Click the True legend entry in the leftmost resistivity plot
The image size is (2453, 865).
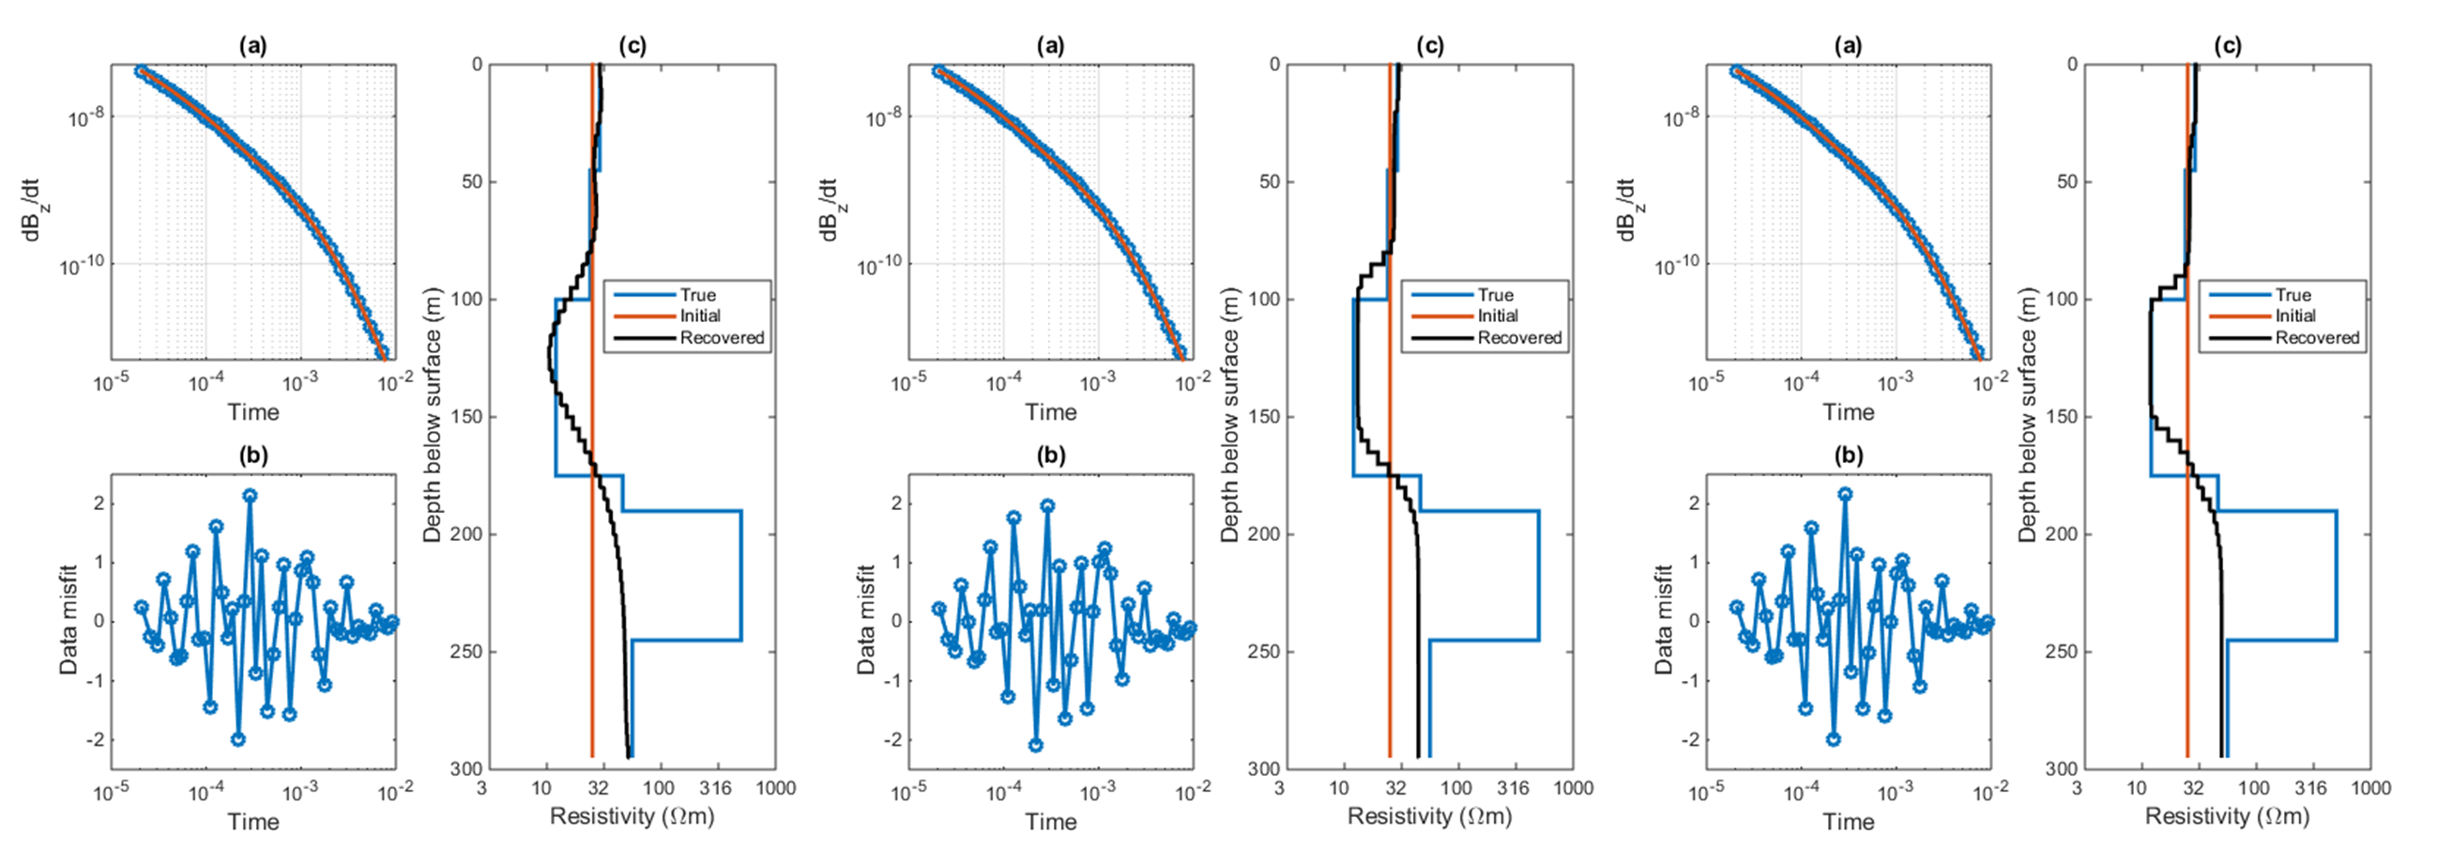coord(697,295)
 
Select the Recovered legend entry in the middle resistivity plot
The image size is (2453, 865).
coord(1520,337)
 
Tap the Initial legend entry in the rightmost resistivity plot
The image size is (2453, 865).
coord(2296,317)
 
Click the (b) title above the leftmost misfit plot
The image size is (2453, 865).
coord(253,456)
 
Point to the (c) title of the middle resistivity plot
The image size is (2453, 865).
coord(1430,46)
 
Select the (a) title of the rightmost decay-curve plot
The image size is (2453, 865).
coord(1849,46)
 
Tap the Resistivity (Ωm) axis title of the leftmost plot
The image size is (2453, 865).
coord(632,816)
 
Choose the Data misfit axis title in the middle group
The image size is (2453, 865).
coord(865,621)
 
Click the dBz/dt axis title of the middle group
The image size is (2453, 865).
coord(830,209)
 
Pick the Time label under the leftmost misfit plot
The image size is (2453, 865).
coord(253,821)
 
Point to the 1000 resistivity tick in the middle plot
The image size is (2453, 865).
coord(1573,788)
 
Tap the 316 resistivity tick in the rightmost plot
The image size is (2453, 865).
coord(2311,788)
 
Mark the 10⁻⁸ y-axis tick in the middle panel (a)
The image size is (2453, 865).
coord(884,119)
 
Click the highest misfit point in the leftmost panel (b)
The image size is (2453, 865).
coord(250,495)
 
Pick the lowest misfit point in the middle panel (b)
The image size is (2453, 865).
coord(1036,745)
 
